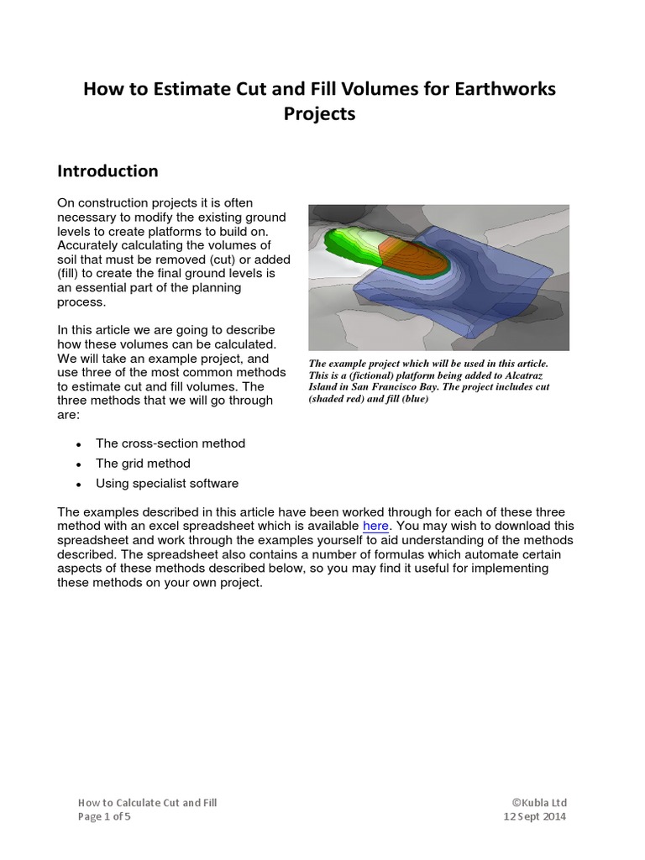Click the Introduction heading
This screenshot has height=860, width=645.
(x=107, y=170)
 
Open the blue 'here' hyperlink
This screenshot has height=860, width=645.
(x=375, y=526)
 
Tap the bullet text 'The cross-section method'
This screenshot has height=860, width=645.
(x=170, y=443)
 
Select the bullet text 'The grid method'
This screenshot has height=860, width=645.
(x=143, y=464)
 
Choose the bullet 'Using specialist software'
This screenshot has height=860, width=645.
(x=167, y=484)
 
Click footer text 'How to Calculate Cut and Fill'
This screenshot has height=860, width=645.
(x=148, y=803)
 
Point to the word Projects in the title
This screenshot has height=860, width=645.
(x=322, y=114)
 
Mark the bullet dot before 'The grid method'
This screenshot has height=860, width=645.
(x=78, y=464)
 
